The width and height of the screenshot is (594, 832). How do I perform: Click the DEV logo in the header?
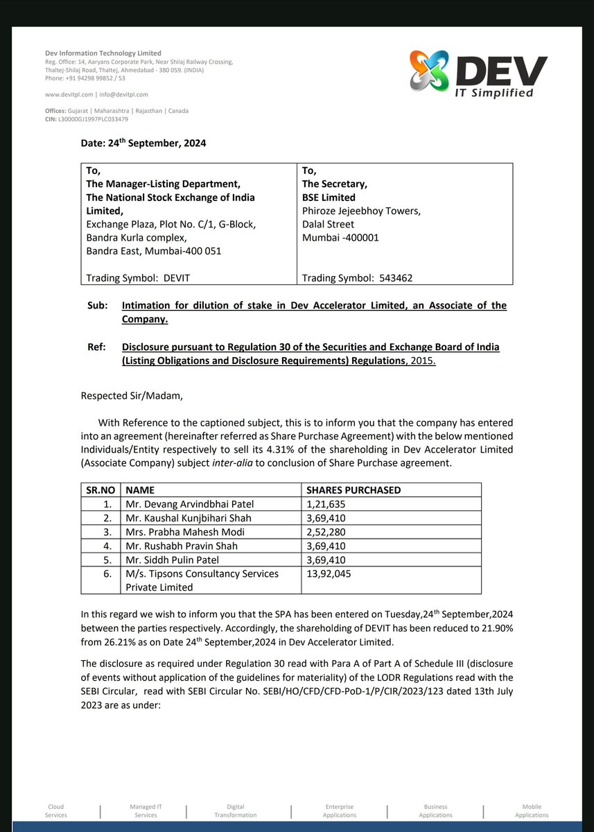[478, 75]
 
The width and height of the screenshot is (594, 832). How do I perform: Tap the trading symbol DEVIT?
[177, 278]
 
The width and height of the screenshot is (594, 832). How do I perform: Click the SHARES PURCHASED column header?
[353, 490]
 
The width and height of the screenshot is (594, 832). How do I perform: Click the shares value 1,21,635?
[326, 504]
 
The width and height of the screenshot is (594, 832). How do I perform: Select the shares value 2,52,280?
[326, 532]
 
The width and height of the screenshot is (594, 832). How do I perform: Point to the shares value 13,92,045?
[329, 573]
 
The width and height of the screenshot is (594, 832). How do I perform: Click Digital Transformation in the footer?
[235, 811]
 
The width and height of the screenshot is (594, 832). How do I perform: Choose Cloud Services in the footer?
[56, 811]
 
